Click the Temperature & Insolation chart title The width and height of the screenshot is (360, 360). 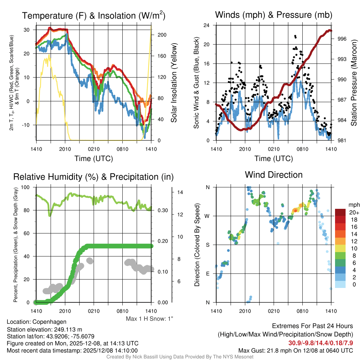click(94, 15)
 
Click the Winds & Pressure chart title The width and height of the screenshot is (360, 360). click(274, 15)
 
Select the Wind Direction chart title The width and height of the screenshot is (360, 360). click(274, 175)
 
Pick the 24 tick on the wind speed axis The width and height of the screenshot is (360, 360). click(207, 25)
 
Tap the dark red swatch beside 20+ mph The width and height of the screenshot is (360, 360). click(340, 212)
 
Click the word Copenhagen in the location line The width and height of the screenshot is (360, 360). click(49, 322)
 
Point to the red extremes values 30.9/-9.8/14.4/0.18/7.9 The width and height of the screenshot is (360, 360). click(321, 343)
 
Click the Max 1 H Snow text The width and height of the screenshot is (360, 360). click(150, 319)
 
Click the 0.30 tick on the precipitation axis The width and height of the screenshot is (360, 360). click(162, 211)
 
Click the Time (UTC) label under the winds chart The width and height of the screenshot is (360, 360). click(274, 159)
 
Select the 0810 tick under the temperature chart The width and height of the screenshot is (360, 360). click(122, 149)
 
